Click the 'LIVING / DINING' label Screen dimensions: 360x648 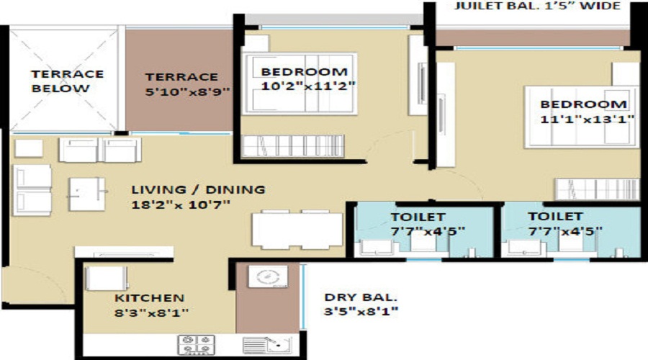point(198,190)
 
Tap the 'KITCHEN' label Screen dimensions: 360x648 point(150,297)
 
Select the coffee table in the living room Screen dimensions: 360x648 point(86,194)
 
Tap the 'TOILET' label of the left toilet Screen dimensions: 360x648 point(418,217)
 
